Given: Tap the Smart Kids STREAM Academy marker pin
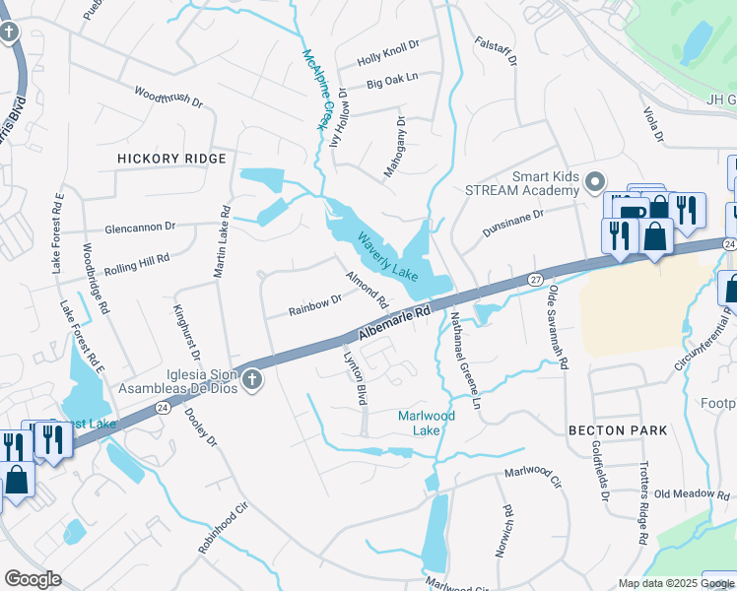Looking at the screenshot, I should click(x=594, y=182).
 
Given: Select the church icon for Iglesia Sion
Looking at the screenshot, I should click(x=252, y=379).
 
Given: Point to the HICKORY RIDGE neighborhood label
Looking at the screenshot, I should click(x=171, y=159).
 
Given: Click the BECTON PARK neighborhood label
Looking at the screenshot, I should click(x=618, y=430).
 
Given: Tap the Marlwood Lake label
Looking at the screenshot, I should click(x=426, y=423).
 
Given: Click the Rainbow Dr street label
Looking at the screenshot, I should click(x=314, y=305).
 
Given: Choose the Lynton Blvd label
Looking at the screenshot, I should click(x=354, y=375).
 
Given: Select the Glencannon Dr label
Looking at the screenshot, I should click(x=140, y=226).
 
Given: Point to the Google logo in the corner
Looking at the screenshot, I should click(x=33, y=579).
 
